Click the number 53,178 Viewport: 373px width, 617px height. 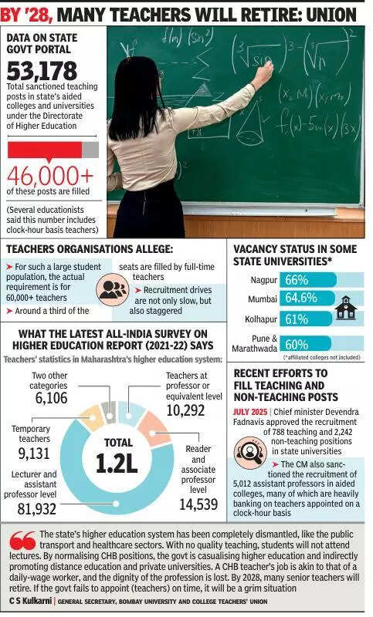pos(42,70)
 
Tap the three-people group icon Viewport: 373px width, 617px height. pos(114,288)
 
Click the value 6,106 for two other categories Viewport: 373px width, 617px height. pos(51,398)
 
